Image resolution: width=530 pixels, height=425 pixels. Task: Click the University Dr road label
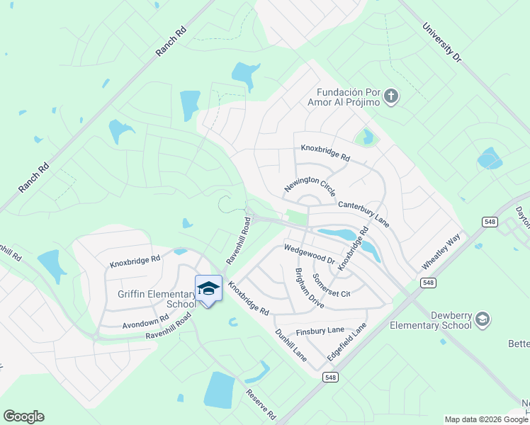tap(441, 42)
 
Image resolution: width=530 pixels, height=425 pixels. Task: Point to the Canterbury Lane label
tap(363, 213)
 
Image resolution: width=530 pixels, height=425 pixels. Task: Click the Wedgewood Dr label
tap(309, 255)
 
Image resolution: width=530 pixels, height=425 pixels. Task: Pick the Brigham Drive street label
tap(309, 288)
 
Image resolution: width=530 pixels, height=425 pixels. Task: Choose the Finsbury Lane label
tap(320, 330)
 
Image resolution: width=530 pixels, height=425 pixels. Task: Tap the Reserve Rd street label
tap(260, 404)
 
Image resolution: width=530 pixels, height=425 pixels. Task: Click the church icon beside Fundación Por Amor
tap(392, 96)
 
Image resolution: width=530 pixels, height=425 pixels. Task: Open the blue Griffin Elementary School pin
tap(208, 288)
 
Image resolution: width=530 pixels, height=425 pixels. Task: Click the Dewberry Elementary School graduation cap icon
tap(483, 319)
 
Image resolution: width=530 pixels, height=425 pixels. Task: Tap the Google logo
tap(23, 416)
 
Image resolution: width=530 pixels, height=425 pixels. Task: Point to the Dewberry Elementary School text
tap(432, 320)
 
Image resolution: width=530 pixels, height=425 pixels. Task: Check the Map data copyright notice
tap(485, 419)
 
